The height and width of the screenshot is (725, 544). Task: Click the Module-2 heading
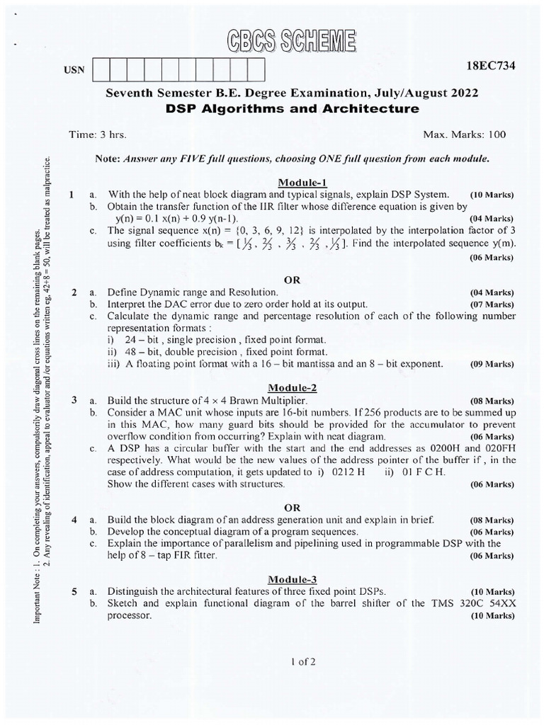[291, 387]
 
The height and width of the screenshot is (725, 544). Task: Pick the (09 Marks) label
[492, 365]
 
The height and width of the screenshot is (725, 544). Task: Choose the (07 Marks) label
[492, 304]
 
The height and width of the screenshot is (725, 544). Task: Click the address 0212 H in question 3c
[345, 472]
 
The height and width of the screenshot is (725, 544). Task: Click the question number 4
[74, 519]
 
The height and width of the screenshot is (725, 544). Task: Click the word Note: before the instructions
[109, 159]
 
